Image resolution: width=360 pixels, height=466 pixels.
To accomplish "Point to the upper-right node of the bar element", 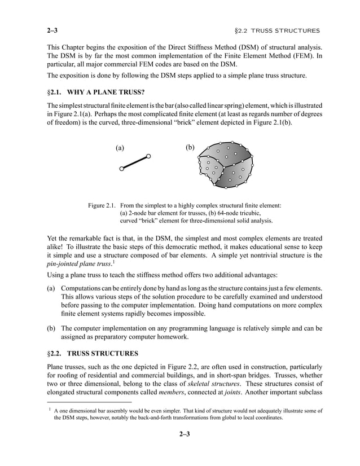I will (x=148, y=156).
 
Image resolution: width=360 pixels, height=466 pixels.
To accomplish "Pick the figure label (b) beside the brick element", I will (x=190, y=148).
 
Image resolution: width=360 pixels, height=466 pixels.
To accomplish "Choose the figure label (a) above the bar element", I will (x=120, y=148).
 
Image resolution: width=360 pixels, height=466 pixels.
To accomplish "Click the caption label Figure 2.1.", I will (x=102, y=206).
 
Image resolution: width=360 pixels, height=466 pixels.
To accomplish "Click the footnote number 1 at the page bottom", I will (x=50, y=410).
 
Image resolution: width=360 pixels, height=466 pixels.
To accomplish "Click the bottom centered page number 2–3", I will (x=180, y=434).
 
